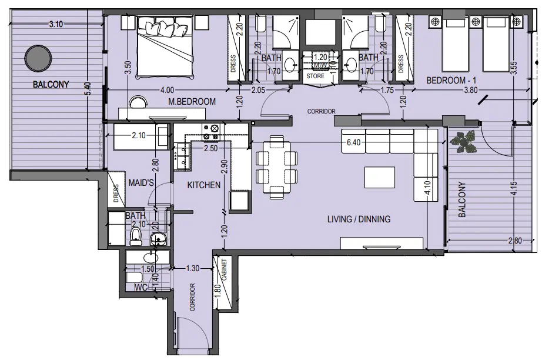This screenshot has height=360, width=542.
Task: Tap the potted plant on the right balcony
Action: pyautogui.click(x=465, y=141)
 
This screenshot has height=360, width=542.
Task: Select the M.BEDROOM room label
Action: pyautogui.click(x=192, y=102)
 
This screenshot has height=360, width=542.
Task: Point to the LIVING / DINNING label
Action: pyautogui.click(x=359, y=219)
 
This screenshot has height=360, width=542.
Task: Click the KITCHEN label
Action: pyautogui.click(x=204, y=185)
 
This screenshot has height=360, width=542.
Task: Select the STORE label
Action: pyautogui.click(x=316, y=76)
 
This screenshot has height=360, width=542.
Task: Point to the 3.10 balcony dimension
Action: pyautogui.click(x=56, y=24)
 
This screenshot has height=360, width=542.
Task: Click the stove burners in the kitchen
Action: pyautogui.click(x=210, y=133)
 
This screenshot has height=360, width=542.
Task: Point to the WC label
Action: pyautogui.click(x=140, y=287)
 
